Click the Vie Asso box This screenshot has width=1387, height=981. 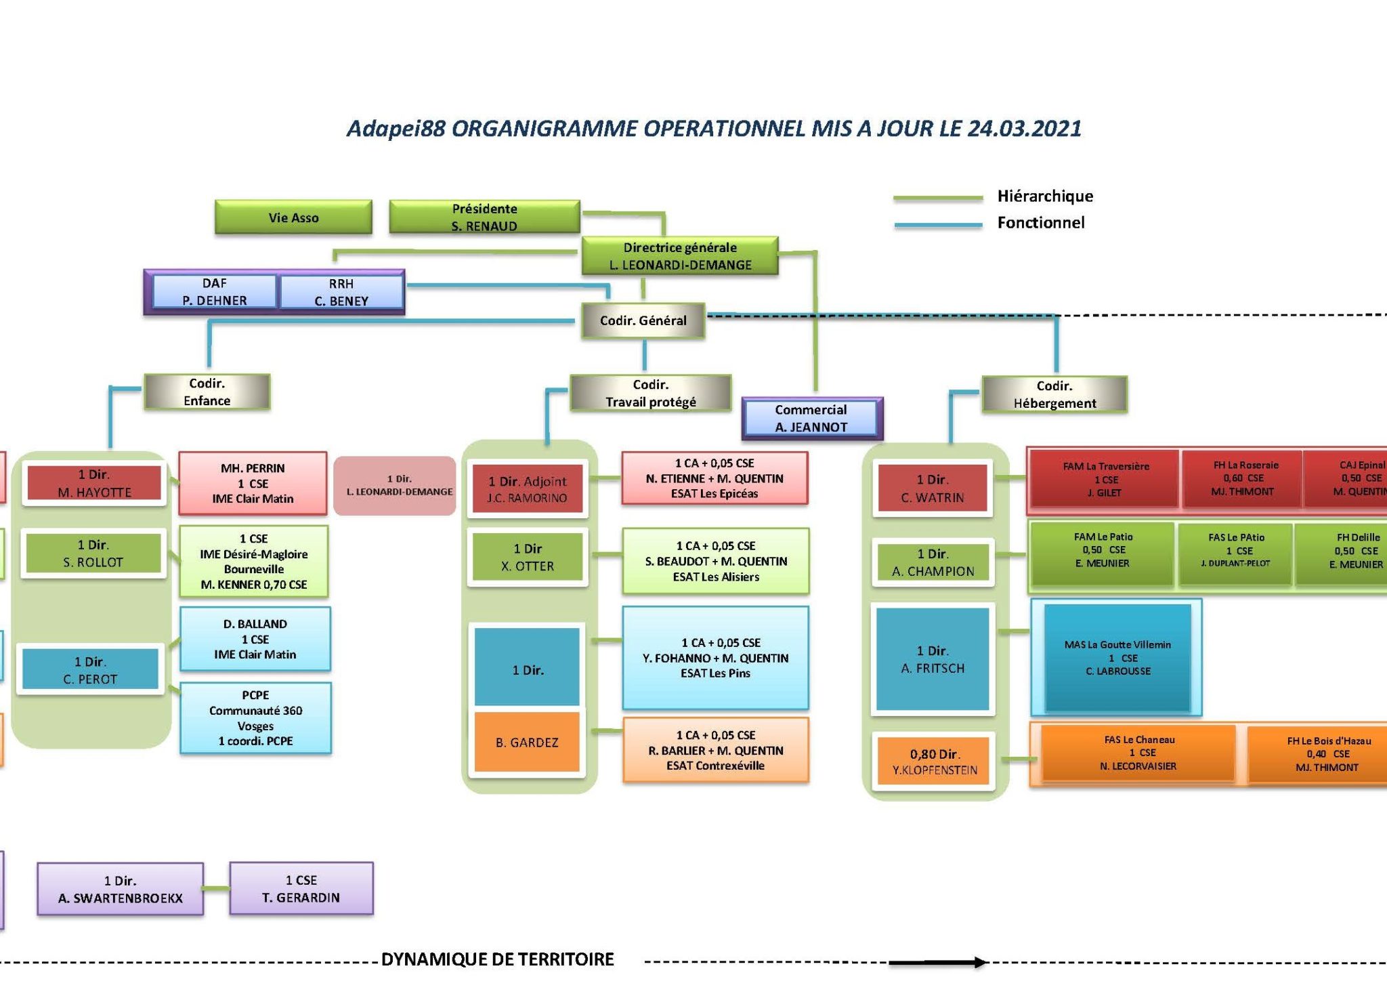pyautogui.click(x=293, y=217)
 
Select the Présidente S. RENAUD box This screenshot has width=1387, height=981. pyautogui.click(x=484, y=217)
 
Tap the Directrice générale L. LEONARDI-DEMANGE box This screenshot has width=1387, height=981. pyautogui.click(x=680, y=256)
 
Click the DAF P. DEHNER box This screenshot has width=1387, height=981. pyautogui.click(x=214, y=292)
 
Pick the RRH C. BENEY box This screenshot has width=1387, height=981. pyautogui.click(x=341, y=292)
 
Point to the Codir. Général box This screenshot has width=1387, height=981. pyautogui.click(x=643, y=320)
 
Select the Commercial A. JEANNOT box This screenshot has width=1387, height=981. pyautogui.click(x=811, y=418)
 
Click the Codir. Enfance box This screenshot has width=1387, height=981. pyautogui.click(x=207, y=392)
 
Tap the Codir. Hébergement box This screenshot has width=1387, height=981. pyautogui.click(x=1054, y=394)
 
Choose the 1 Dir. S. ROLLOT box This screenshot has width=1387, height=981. pyautogui.click(x=93, y=553)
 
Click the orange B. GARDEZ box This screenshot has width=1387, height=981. pyautogui.click(x=527, y=742)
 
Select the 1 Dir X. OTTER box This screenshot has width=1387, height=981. pyautogui.click(x=527, y=557)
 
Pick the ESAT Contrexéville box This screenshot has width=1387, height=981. pyautogui.click(x=715, y=750)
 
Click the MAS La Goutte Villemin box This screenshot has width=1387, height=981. pyautogui.click(x=1117, y=657)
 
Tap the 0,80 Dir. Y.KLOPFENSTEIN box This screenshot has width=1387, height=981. pyautogui.click(x=934, y=761)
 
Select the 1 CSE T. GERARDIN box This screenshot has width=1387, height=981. pyautogui.click(x=301, y=888)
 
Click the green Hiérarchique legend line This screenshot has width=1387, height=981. pyautogui.click(x=937, y=198)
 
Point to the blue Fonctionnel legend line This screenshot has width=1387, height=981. pyautogui.click(x=937, y=224)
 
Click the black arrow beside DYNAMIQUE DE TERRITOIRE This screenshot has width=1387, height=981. pyautogui.click(x=937, y=962)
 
